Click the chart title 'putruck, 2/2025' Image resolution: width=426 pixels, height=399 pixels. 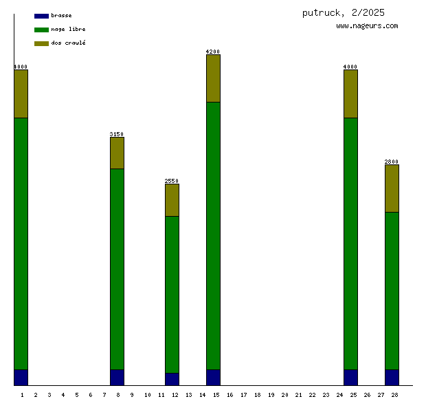coord(343,12)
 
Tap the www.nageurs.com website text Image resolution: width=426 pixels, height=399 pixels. coord(367,26)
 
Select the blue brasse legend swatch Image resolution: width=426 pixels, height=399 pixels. coord(41,15)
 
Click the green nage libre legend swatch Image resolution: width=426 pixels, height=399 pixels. coord(41,30)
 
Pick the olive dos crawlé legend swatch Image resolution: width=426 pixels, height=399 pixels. coord(41,43)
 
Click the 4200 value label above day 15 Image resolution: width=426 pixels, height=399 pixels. coord(213,52)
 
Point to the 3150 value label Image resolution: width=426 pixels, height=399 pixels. coord(117,134)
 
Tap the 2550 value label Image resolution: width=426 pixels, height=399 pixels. coord(172,181)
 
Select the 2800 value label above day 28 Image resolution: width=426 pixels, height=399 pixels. coord(392,162)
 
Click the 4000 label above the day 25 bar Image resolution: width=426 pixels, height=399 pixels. coord(350,67)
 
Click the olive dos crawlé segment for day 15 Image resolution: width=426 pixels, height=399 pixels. coord(213,78)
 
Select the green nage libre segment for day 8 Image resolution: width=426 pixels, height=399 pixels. coord(117,269)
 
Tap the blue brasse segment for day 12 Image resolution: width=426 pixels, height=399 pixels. coord(172,379)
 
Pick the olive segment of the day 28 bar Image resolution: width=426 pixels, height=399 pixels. coord(392,188)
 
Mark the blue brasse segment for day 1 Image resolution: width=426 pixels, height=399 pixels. coord(21,378)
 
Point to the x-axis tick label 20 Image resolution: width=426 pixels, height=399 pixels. coord(284,395)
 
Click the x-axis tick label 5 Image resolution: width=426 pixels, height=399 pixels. coord(76,395)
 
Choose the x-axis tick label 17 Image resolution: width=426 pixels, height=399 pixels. coord(243,395)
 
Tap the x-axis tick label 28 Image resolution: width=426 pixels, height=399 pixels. coord(394,395)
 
